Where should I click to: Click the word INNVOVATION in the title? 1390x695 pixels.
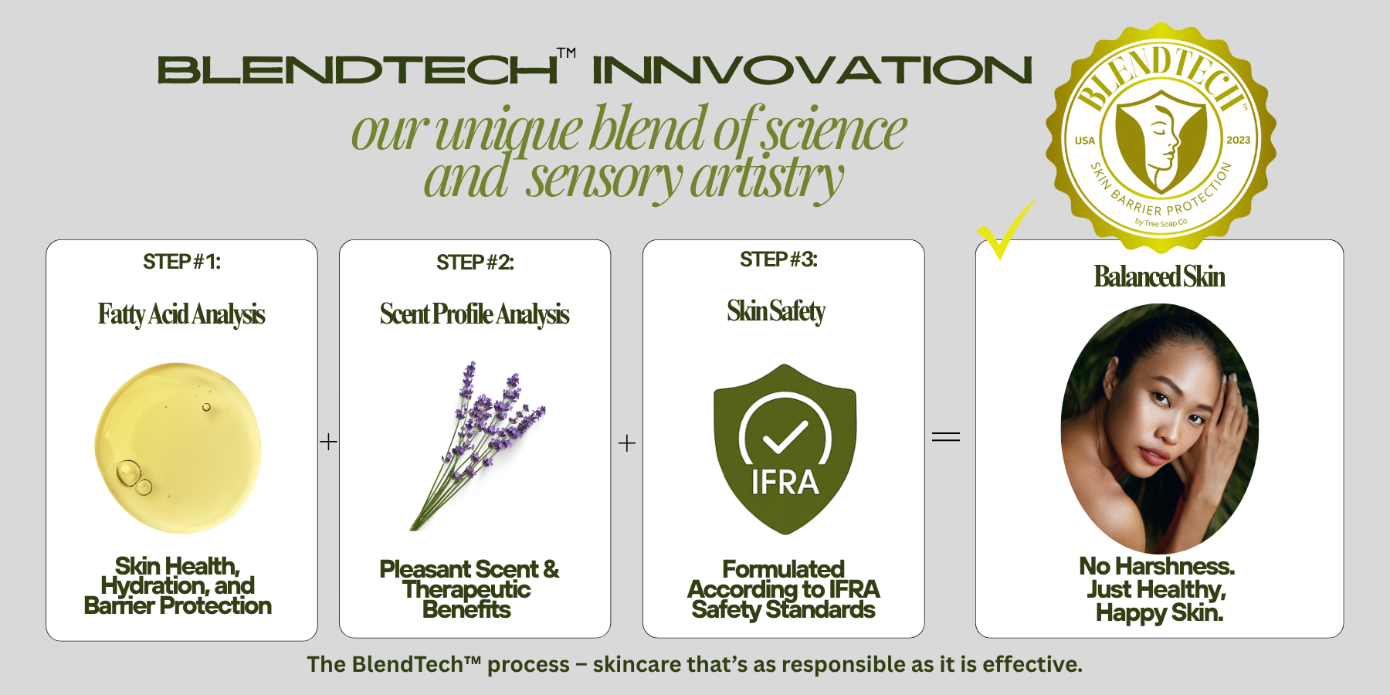pyautogui.click(x=812, y=69)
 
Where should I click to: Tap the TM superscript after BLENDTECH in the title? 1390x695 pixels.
pyautogui.click(x=566, y=53)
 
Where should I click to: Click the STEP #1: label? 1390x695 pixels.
pyautogui.click(x=181, y=262)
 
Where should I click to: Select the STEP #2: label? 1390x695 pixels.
pyautogui.click(x=475, y=263)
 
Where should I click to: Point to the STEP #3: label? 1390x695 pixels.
pyautogui.click(x=778, y=259)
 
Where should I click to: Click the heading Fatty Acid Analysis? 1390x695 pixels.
pyautogui.click(x=181, y=314)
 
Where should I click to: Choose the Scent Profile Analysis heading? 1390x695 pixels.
pyautogui.click(x=474, y=314)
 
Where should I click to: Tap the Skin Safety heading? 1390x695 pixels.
pyautogui.click(x=776, y=311)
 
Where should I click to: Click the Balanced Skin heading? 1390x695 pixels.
pyautogui.click(x=1159, y=276)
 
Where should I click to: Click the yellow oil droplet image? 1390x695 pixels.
pyautogui.click(x=178, y=448)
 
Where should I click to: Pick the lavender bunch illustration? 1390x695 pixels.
pyautogui.click(x=476, y=446)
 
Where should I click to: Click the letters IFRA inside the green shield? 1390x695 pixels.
pyautogui.click(x=785, y=482)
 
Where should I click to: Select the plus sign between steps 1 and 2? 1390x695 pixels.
pyautogui.click(x=328, y=442)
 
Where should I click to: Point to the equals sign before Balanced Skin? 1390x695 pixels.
pyautogui.click(x=946, y=437)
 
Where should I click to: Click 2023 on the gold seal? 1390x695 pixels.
pyautogui.click(x=1238, y=140)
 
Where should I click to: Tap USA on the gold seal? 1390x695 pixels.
pyautogui.click(x=1085, y=141)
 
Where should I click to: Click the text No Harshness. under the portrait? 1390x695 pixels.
pyautogui.click(x=1157, y=566)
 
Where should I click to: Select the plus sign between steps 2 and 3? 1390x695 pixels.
pyautogui.click(x=627, y=443)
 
